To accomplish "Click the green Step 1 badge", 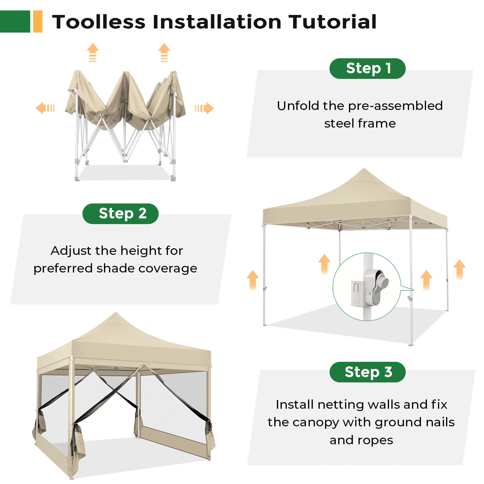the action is pyautogui.click(x=367, y=68).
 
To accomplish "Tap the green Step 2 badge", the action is pyautogui.click(x=120, y=214).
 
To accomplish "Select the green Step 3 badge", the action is pyautogui.click(x=367, y=372).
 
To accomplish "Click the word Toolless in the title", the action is pyautogui.click(x=99, y=22).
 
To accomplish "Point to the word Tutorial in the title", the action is pyautogui.click(x=332, y=22).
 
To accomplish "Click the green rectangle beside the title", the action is pyautogui.click(x=15, y=22).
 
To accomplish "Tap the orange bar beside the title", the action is pyautogui.click(x=38, y=22).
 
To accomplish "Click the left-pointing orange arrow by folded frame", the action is pyautogui.click(x=45, y=108).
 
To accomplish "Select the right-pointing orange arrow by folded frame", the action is pyautogui.click(x=204, y=108).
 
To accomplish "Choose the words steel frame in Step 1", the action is pyautogui.click(x=360, y=123).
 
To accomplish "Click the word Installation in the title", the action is pyautogui.click(x=217, y=22).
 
